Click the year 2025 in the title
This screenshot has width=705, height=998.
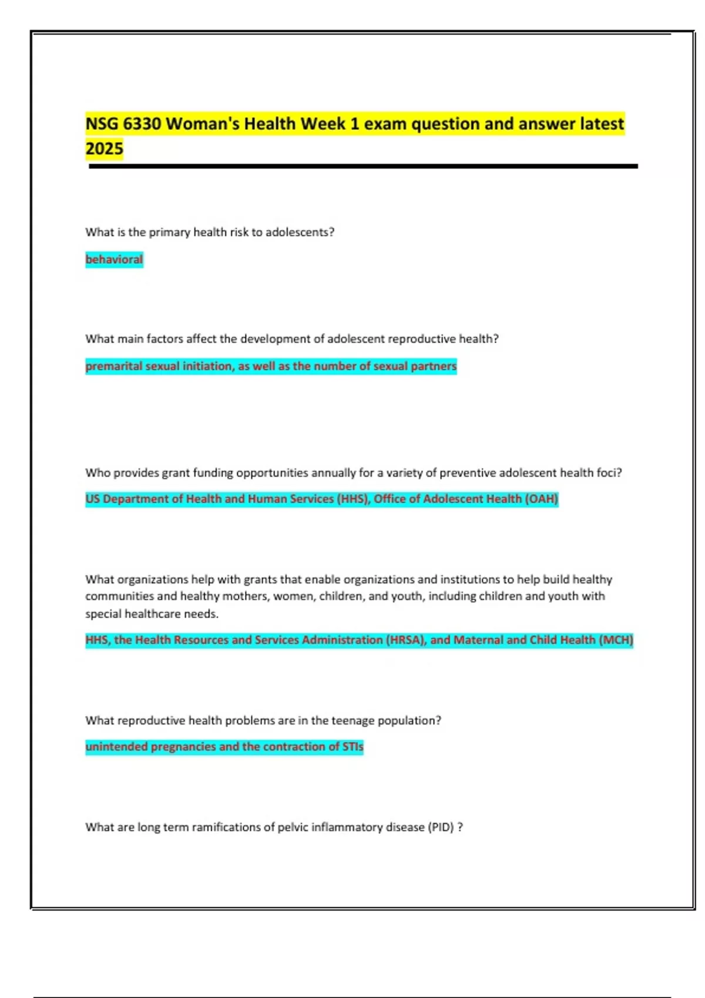tap(105, 149)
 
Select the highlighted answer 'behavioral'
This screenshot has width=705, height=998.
tap(114, 259)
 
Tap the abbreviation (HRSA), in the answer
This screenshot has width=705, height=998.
tap(406, 640)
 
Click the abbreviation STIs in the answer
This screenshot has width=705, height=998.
tap(352, 747)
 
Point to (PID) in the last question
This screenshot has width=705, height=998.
tap(441, 827)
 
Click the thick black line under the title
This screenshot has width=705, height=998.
tap(363, 167)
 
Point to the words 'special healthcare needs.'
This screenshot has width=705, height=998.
tap(152, 614)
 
